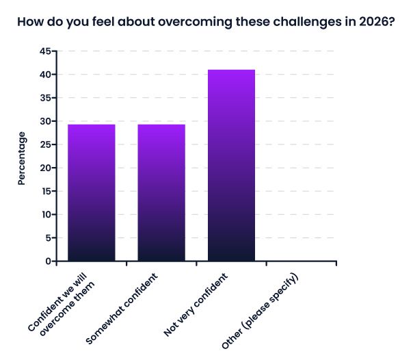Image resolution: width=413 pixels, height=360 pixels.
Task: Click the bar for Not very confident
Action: pyautogui.click(x=231, y=165)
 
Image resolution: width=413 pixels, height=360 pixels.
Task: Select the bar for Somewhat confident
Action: pyautogui.click(x=161, y=192)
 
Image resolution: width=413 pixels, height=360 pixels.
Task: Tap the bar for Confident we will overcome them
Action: pyautogui.click(x=92, y=192)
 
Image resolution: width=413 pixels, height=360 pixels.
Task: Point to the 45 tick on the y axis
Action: pyautogui.click(x=46, y=51)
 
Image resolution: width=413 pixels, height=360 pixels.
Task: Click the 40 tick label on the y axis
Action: pyautogui.click(x=46, y=75)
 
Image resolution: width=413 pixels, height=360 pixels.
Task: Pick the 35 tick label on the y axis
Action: pyautogui.click(x=46, y=98)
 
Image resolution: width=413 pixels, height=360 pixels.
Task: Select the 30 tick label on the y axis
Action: pyautogui.click(x=46, y=121)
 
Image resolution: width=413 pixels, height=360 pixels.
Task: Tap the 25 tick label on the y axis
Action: pyautogui.click(x=46, y=144)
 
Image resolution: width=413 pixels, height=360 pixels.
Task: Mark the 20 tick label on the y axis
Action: pyautogui.click(x=46, y=168)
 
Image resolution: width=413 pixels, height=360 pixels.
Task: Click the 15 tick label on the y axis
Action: pyautogui.click(x=46, y=191)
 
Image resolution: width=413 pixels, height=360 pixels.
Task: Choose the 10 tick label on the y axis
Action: pyautogui.click(x=46, y=214)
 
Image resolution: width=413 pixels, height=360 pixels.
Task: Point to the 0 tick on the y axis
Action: pyautogui.click(x=49, y=261)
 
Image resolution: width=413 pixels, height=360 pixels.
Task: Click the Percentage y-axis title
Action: pyautogui.click(x=22, y=158)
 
